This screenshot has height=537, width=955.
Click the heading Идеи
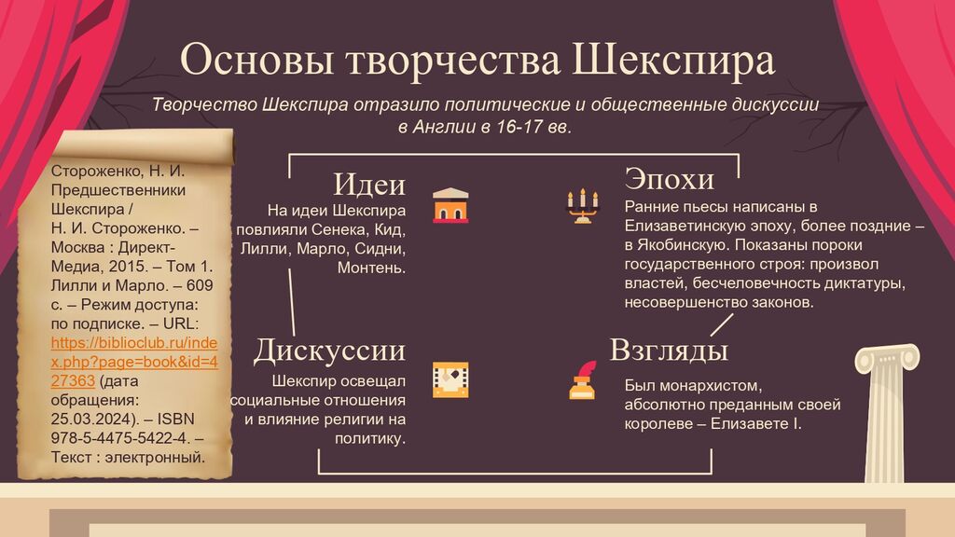coord(369,184)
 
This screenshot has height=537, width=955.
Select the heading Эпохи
coord(669,178)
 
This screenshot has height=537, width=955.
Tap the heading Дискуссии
coord(329,351)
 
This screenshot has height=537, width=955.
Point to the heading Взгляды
coord(669,351)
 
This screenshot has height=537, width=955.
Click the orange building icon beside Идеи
coord(450,205)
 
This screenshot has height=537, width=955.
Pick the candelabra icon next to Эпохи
coord(583,206)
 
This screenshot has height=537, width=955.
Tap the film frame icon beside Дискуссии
coord(450,380)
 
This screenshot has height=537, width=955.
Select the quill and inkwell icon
coord(583,380)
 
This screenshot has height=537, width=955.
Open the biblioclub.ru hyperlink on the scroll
coord(134,362)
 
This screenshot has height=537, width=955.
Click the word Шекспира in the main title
coord(673,61)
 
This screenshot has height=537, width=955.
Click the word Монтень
coord(371,268)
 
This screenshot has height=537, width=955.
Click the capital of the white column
coord(888,359)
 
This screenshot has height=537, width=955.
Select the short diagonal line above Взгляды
coord(722,324)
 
